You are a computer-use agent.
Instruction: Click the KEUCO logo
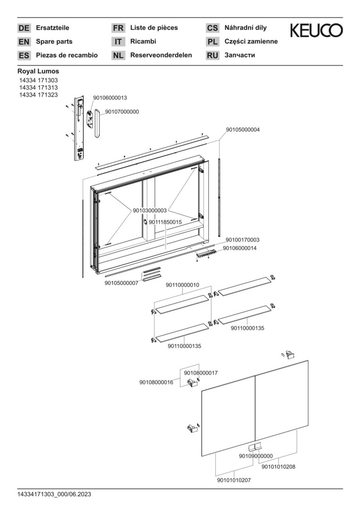316,31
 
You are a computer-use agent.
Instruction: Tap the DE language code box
24,28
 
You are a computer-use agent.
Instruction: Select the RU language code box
213,56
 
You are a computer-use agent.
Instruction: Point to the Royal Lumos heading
38,71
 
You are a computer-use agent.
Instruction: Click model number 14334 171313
38,88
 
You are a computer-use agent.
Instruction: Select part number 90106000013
110,98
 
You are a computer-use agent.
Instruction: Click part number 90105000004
243,129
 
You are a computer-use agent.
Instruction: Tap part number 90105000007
121,283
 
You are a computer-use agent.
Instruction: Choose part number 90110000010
182,285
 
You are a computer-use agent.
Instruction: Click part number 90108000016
156,382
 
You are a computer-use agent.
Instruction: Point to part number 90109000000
256,456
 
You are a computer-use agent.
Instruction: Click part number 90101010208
278,467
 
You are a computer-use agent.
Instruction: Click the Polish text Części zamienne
251,41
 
